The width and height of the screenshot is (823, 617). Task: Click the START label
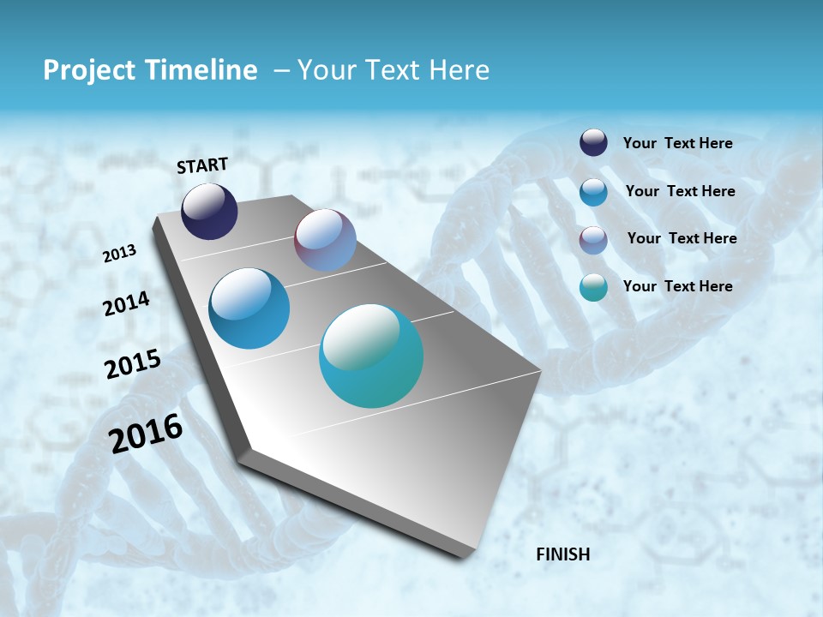[x=202, y=165]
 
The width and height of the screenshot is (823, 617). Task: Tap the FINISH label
[x=562, y=554]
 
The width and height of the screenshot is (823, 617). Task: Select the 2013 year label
[x=119, y=254]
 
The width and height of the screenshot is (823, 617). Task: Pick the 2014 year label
[x=126, y=304]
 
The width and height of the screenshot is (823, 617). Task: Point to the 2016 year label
[x=146, y=433]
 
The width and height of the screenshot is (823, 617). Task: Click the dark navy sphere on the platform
[x=209, y=211]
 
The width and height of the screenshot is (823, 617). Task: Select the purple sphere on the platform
[x=325, y=240]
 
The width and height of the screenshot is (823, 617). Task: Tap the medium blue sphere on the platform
[x=249, y=308]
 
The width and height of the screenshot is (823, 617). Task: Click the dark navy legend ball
[x=593, y=142]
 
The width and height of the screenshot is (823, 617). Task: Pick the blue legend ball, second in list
[x=593, y=191]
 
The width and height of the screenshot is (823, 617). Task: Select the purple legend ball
[x=593, y=239]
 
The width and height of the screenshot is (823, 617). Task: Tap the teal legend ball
[x=593, y=287]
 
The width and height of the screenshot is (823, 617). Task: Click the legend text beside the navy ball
[x=677, y=143]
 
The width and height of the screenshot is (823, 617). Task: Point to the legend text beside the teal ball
[x=677, y=286]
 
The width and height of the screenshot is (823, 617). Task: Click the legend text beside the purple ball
[x=682, y=238]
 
